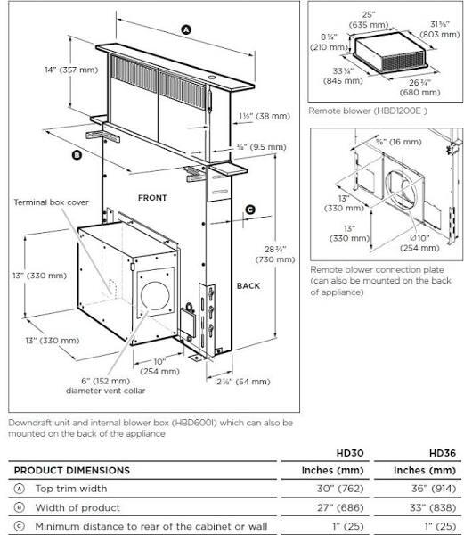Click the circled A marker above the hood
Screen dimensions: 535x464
185,29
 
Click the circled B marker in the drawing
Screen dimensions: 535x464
77,154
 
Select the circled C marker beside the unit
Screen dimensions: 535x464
250,210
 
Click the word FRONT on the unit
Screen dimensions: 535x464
152,196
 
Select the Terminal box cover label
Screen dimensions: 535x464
49,202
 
